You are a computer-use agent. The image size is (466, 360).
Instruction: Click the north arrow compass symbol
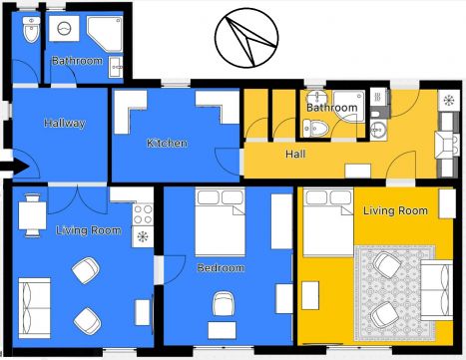[246, 38]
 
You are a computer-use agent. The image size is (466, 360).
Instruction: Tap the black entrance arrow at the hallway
[15, 168]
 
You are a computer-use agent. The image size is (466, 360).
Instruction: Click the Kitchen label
[167, 144]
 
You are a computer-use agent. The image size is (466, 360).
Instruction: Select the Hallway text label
[65, 124]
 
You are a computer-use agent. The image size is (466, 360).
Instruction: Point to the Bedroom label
[221, 268]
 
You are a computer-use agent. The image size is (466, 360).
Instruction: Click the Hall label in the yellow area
[295, 154]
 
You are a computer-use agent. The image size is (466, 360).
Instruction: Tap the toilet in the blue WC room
[31, 30]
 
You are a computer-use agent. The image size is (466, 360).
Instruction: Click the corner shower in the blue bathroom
[105, 34]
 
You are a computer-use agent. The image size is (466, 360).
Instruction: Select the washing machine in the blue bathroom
[64, 29]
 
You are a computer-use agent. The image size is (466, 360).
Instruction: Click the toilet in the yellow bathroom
[315, 128]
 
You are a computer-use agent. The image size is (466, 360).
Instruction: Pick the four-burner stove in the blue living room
[143, 214]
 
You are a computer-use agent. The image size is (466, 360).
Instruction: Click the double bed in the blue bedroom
[220, 222]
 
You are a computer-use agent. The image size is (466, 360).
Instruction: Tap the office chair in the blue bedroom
[224, 303]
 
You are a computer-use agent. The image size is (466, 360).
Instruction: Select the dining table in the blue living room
[32, 215]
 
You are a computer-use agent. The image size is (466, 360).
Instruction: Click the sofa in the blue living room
[34, 308]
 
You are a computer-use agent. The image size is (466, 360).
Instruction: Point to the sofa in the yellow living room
[437, 290]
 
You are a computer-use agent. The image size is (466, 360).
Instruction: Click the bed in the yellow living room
[328, 222]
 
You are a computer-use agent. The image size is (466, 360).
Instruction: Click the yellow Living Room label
[395, 210]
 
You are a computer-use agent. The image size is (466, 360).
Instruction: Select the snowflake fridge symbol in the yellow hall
[449, 100]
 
